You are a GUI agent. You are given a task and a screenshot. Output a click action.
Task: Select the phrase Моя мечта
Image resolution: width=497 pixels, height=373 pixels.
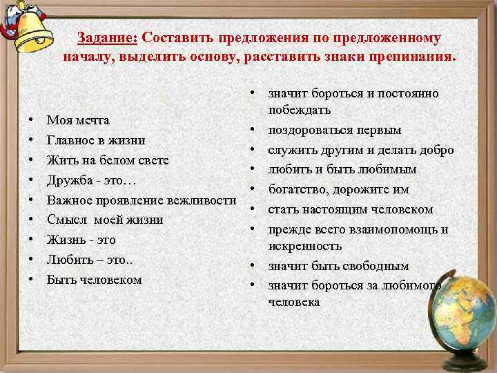[77, 120]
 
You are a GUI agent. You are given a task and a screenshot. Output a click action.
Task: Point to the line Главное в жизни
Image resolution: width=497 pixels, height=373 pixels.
[95, 140]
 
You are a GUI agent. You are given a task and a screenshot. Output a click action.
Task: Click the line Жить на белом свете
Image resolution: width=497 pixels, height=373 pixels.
[108, 160]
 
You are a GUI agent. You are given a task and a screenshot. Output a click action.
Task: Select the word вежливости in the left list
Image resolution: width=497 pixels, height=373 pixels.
[199, 200]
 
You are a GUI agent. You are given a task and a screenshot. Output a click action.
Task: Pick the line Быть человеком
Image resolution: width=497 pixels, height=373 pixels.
[94, 280]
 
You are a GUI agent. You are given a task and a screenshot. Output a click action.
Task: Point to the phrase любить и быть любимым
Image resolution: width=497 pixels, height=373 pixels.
[342, 170]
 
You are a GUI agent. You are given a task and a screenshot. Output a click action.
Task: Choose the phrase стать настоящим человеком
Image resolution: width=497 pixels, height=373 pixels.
[350, 209]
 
